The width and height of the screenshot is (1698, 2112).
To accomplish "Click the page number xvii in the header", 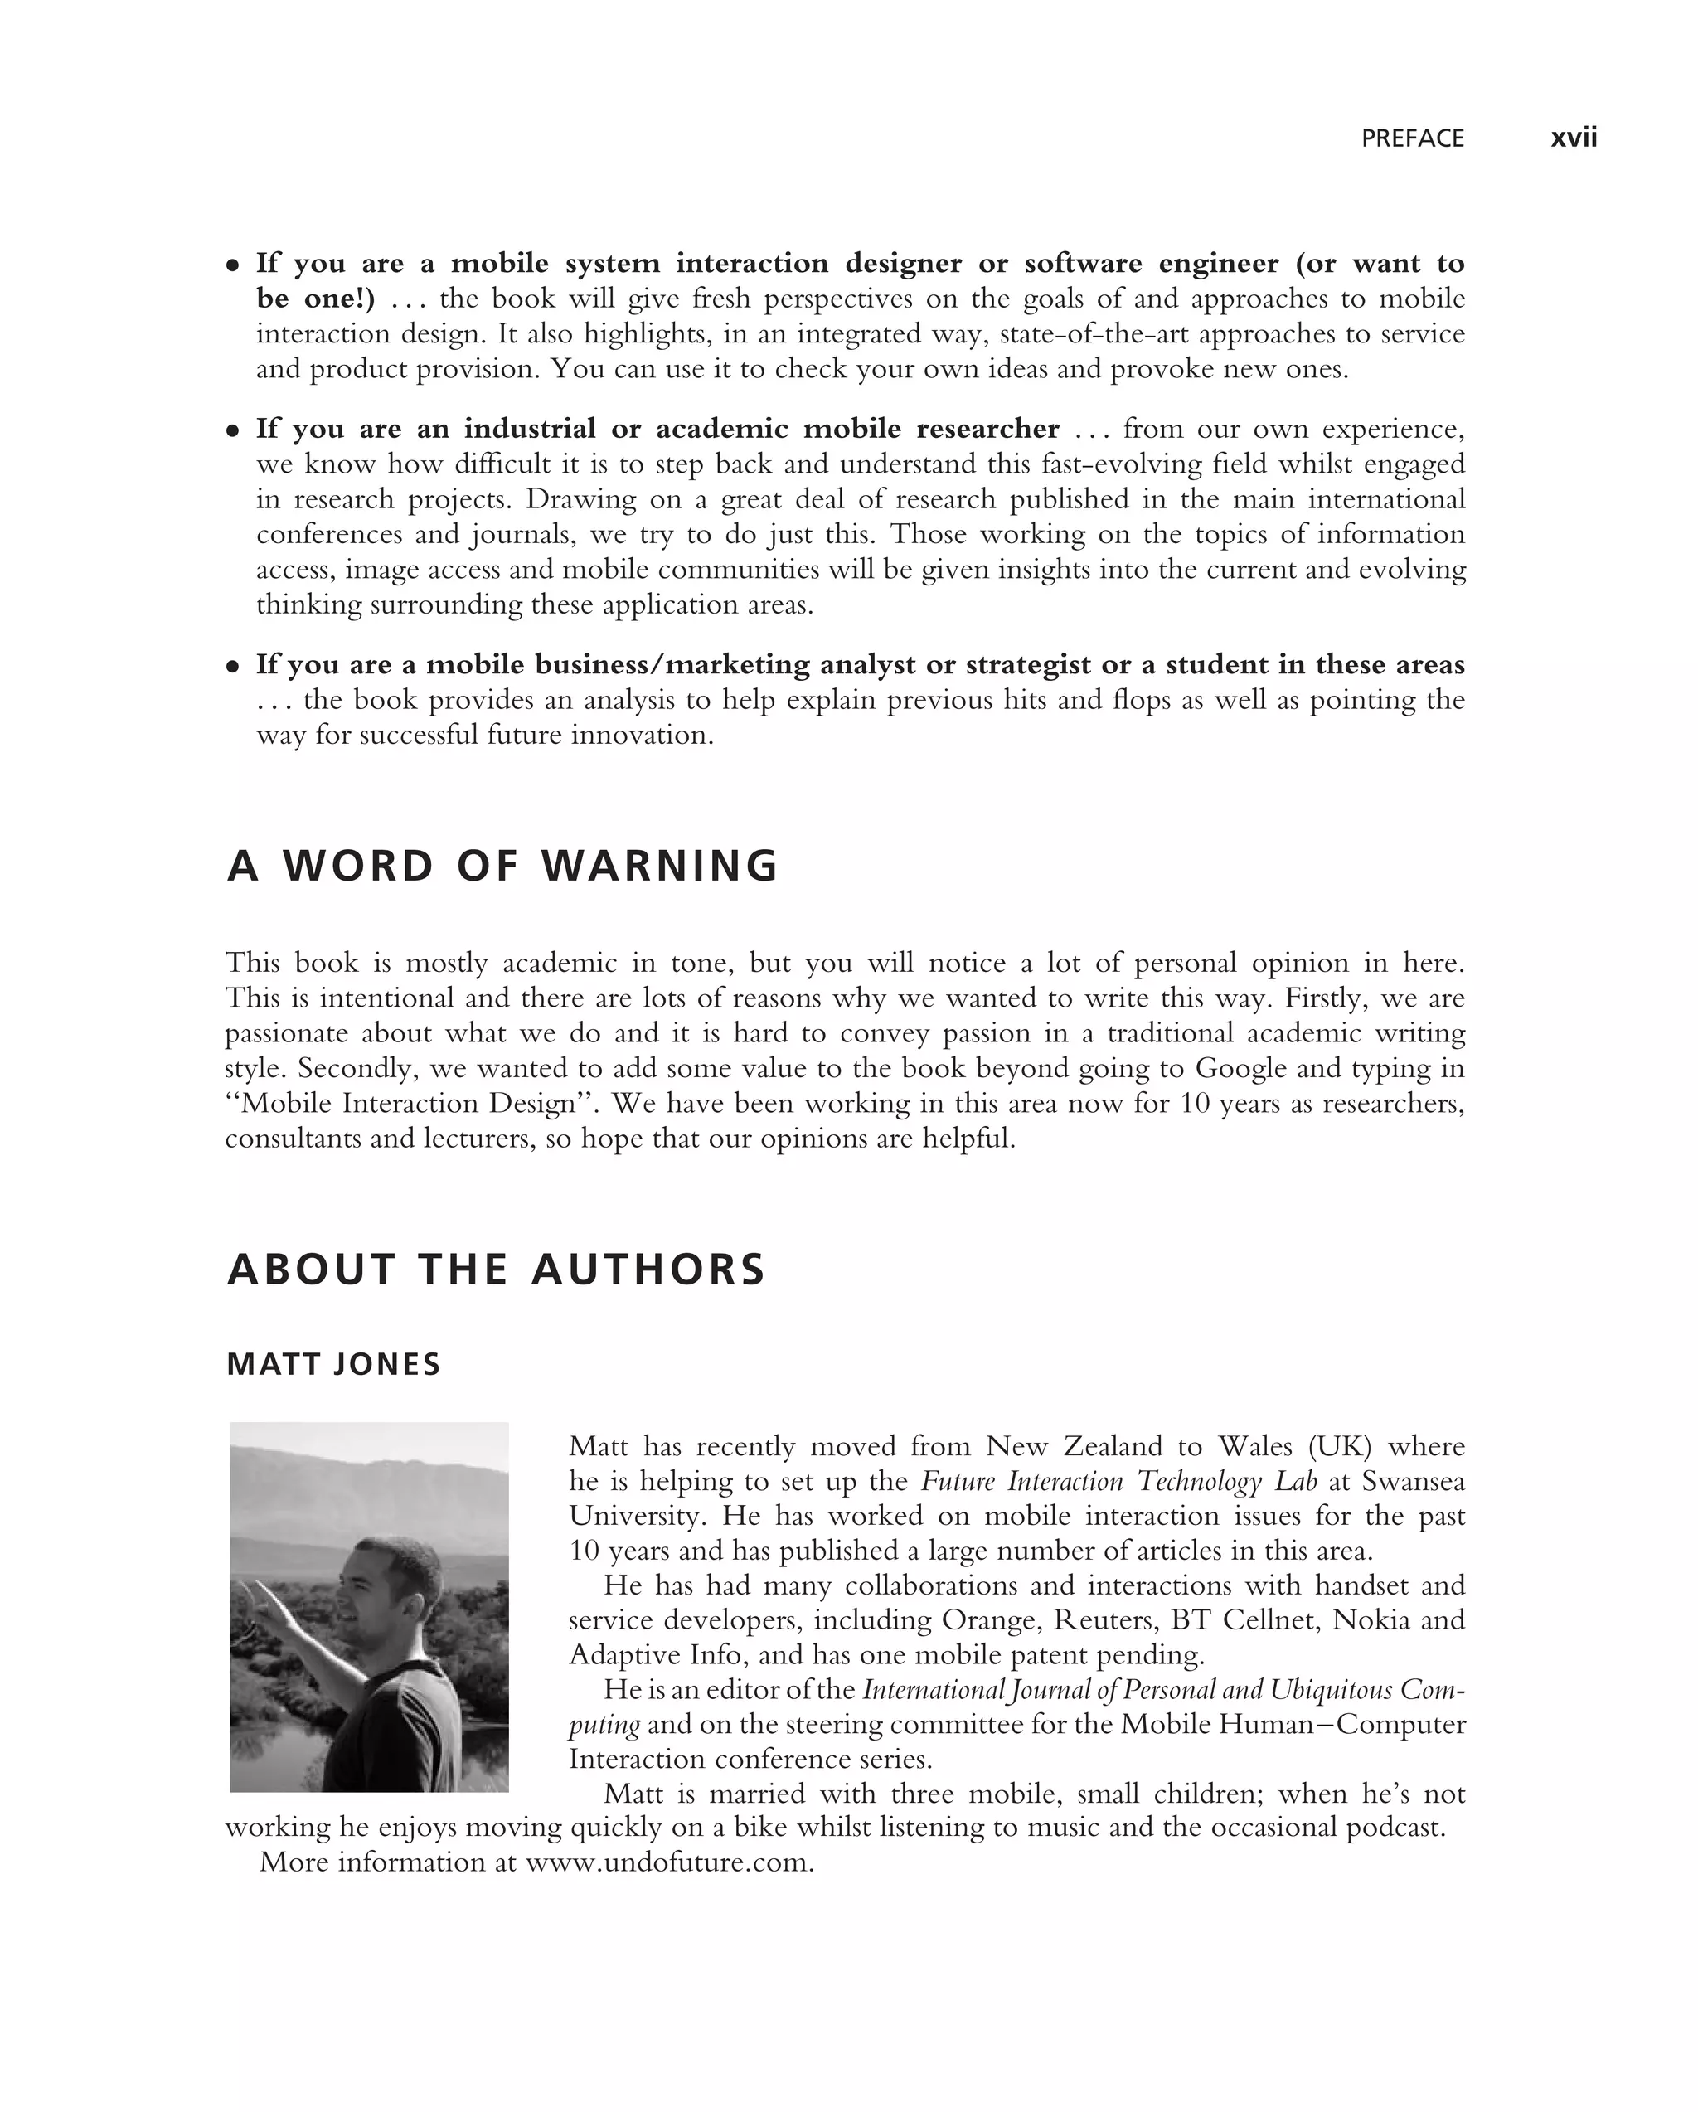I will (1573, 138).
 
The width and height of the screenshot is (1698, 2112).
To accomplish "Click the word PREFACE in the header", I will (1412, 139).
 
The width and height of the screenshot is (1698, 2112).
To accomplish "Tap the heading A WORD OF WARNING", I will (502, 866).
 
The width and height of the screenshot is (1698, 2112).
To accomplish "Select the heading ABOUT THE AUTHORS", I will (496, 1270).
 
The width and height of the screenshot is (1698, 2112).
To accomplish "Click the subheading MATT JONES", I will (333, 1365).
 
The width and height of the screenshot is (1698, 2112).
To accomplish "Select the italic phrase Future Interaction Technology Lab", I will (1118, 1481).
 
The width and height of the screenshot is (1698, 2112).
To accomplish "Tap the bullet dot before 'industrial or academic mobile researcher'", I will (233, 430).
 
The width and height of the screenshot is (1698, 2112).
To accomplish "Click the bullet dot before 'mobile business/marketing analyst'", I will (233, 666).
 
